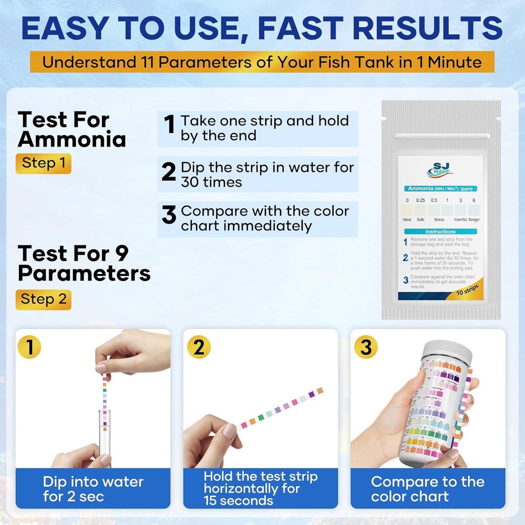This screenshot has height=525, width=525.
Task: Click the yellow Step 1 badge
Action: point(43,163)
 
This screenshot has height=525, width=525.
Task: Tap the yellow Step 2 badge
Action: point(43,299)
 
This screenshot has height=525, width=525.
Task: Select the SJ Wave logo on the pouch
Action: point(440,170)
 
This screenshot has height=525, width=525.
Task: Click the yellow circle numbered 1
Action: point(29,347)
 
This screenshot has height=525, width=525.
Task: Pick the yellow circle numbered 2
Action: point(199,347)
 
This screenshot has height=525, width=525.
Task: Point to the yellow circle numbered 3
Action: point(366,347)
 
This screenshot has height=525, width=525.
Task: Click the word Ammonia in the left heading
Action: point(72,140)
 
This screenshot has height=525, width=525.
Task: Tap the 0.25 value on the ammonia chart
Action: point(420,200)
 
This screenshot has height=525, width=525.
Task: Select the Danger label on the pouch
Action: point(474,219)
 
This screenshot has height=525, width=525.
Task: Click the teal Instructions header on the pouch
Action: point(440,231)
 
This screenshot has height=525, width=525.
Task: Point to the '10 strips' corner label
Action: point(468,290)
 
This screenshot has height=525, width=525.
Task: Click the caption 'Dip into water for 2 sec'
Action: point(93,489)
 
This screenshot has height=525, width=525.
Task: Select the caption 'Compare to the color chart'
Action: point(428,489)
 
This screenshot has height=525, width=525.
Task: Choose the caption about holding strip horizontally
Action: point(261,488)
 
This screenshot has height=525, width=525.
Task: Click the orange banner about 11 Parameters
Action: point(262,62)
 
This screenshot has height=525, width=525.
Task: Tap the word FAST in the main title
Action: point(300,28)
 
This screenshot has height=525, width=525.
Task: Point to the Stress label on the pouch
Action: point(439,219)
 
